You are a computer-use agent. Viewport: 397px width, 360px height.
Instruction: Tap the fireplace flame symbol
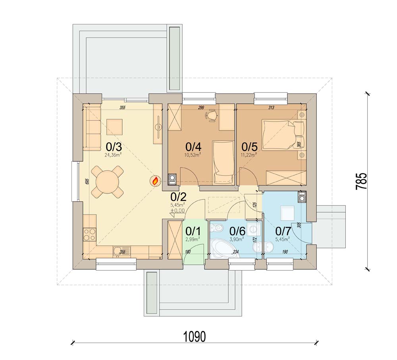tap(156, 181)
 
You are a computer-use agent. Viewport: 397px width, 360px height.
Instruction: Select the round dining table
tap(107, 182)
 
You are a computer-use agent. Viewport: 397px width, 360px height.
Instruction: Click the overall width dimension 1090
tap(195, 337)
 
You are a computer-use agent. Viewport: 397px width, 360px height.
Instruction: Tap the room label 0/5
tap(249, 147)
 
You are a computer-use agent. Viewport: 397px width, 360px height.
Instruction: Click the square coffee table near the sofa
tap(115, 127)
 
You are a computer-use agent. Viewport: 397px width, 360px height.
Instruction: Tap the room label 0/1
tap(193, 231)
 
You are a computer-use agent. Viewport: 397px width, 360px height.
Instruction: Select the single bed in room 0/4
tap(223, 163)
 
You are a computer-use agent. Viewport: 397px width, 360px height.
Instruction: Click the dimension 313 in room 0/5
tap(271, 107)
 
